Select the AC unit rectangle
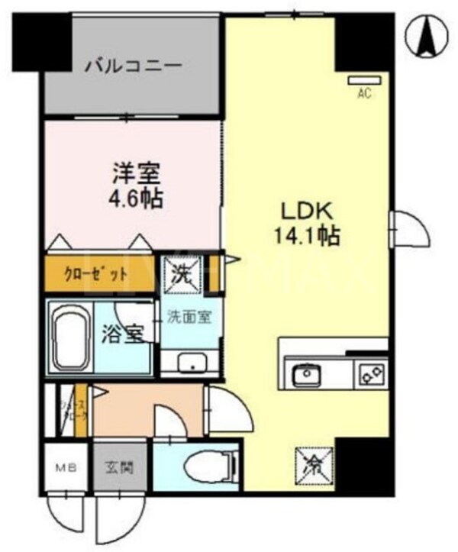[364, 80]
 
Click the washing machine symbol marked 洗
[182, 273]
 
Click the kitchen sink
[308, 373]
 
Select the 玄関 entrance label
[120, 466]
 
